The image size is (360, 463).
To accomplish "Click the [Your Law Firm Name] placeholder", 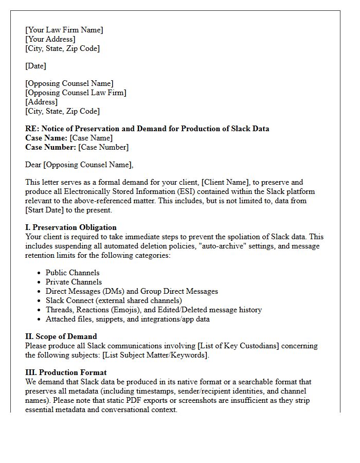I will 64,30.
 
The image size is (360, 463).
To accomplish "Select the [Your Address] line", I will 50,39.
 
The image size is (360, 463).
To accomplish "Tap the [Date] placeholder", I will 35,66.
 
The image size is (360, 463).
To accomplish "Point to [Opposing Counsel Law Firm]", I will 76,93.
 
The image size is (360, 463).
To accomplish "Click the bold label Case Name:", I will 46,138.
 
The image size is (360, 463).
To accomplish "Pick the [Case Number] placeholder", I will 103,147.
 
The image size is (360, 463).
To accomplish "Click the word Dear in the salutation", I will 33,165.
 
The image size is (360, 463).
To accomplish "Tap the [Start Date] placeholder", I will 47,210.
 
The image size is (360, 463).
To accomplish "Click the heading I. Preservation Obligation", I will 71,227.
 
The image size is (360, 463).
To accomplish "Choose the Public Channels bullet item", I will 73,273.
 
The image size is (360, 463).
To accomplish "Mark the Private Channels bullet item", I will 74,282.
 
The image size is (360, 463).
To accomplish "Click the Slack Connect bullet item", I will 114,300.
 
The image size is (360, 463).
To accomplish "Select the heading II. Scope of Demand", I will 61,336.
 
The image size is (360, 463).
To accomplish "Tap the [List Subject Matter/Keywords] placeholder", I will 156,355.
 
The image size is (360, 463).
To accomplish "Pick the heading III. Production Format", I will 66,372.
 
